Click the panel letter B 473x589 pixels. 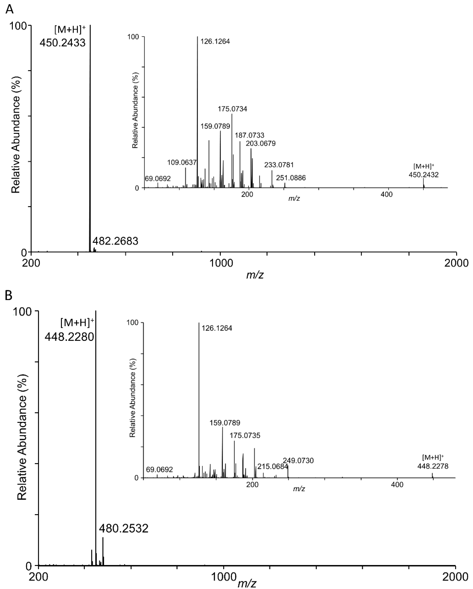[x=9, y=296]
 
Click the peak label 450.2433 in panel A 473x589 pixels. [x=63, y=43]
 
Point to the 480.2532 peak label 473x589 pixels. [x=124, y=529]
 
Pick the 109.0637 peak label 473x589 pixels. [x=182, y=163]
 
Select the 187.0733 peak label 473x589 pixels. [x=250, y=135]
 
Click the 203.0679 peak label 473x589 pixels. [x=261, y=143]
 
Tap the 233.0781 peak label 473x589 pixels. [x=279, y=165]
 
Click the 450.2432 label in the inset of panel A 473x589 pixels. [x=424, y=175]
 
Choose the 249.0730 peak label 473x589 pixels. [x=298, y=461]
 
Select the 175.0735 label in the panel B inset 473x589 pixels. [x=245, y=436]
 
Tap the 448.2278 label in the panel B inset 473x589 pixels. [x=433, y=466]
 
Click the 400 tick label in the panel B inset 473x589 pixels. [x=397, y=485]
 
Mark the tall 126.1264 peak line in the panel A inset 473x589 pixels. [x=197, y=109]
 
